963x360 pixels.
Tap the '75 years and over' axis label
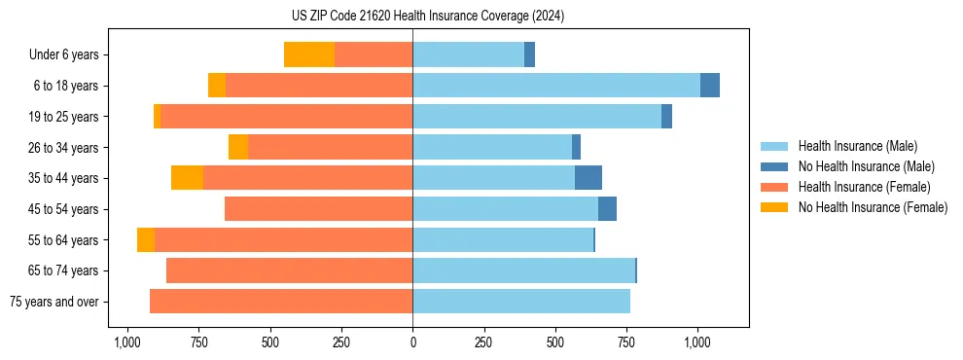pyautogui.click(x=54, y=302)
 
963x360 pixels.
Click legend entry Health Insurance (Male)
pyautogui.click(x=857, y=146)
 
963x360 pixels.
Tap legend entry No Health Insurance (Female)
pyautogui.click(x=873, y=207)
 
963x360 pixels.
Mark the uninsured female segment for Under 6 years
pyautogui.click(x=309, y=54)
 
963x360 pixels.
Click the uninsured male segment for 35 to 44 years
pyautogui.click(x=588, y=178)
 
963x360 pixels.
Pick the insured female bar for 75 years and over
pyautogui.click(x=281, y=302)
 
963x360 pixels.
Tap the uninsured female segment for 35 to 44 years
pyautogui.click(x=187, y=178)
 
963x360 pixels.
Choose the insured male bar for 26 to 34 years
pyautogui.click(x=492, y=147)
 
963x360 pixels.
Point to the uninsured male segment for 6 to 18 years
pyautogui.click(x=710, y=86)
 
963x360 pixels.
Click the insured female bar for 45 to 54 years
pyautogui.click(x=318, y=209)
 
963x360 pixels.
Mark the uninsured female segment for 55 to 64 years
pyautogui.click(x=146, y=239)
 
